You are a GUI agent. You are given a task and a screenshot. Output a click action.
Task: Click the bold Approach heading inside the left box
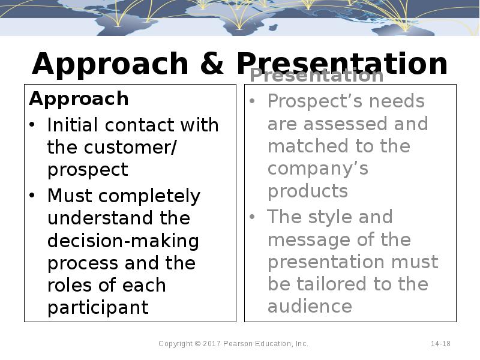[79, 98]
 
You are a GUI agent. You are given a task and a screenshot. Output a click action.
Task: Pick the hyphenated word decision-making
[123, 241]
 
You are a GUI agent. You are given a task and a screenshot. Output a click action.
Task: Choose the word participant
[98, 308]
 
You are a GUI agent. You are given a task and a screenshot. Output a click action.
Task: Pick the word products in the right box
[307, 191]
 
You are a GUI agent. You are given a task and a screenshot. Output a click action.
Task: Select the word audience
[310, 306]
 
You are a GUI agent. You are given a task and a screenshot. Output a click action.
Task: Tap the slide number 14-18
[440, 344]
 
